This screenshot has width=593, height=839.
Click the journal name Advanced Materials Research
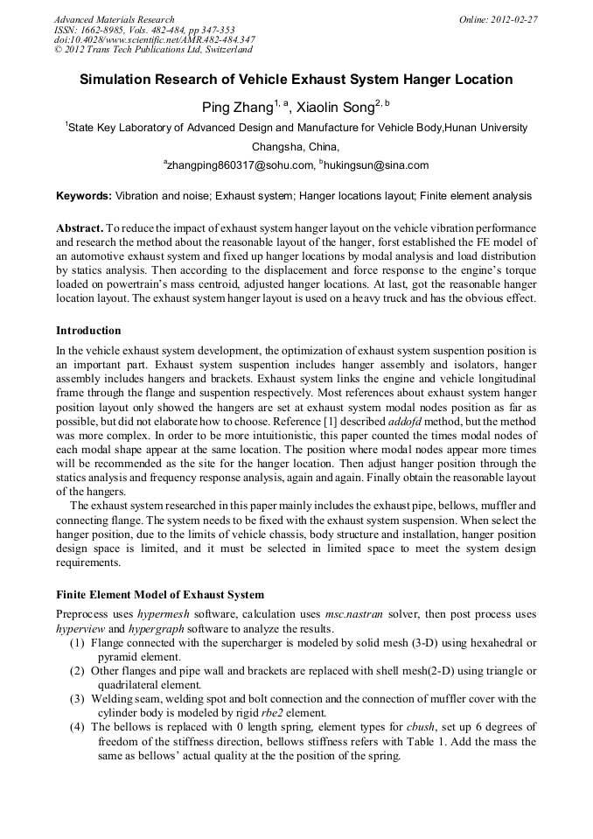pyautogui.click(x=115, y=19)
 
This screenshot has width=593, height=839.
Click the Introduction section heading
pyautogui.click(x=88, y=331)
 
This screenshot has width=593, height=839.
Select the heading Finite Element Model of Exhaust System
pyautogui.click(x=159, y=594)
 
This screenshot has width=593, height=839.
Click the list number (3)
pyautogui.click(x=77, y=698)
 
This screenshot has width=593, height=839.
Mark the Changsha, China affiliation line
pyautogui.click(x=296, y=146)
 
